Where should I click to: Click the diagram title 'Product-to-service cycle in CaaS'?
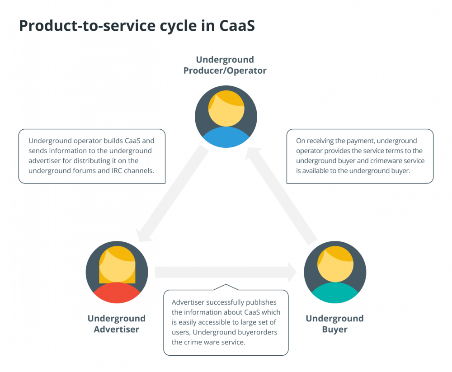click(x=137, y=26)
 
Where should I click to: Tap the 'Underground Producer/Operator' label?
click(x=225, y=65)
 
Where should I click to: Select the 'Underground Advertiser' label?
click(x=117, y=324)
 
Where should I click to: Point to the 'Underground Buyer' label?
click(x=334, y=324)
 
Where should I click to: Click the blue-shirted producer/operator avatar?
click(x=226, y=117)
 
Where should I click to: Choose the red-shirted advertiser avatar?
click(x=117, y=272)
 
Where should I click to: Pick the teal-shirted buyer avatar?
click(x=335, y=272)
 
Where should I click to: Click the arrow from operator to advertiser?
click(x=172, y=193)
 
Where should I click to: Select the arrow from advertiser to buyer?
click(x=226, y=272)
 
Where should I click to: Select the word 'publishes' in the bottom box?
click(x=262, y=302)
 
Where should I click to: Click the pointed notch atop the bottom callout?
click(x=226, y=285)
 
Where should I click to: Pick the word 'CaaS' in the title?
click(x=237, y=26)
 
